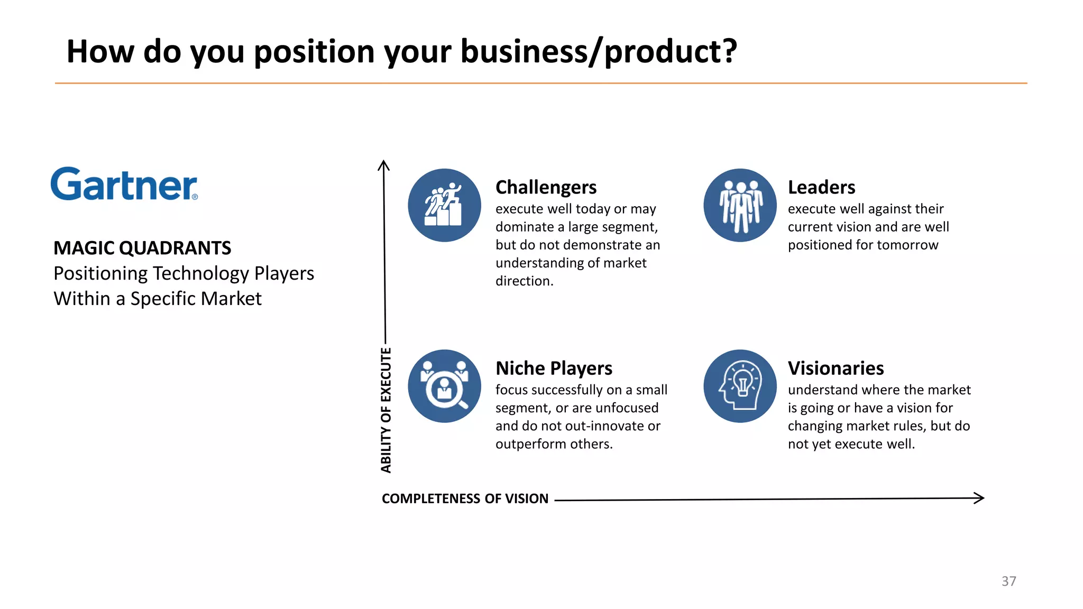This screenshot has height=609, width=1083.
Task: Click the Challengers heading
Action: point(546,187)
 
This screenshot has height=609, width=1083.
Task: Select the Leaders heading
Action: point(821,187)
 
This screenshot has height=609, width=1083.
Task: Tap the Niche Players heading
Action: point(554,368)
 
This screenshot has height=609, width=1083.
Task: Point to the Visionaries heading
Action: point(836,368)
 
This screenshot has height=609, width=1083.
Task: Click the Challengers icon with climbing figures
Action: point(444,205)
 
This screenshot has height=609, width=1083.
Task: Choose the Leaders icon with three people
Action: point(740,205)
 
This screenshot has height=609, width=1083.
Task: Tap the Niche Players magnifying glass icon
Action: point(444,386)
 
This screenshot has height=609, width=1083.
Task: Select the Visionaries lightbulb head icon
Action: point(740,386)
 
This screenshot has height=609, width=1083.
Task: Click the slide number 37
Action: point(1008,581)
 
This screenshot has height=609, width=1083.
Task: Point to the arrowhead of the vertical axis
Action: point(383,165)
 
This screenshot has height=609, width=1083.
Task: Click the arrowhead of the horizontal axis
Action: point(979,498)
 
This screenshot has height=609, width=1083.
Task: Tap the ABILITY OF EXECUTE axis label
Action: point(386,410)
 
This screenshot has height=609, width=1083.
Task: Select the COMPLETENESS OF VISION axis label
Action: point(465,499)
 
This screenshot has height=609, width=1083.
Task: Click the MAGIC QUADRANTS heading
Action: point(142,248)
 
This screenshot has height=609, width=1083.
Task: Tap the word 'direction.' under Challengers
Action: point(524,281)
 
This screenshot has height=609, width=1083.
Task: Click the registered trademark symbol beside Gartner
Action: point(195,197)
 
